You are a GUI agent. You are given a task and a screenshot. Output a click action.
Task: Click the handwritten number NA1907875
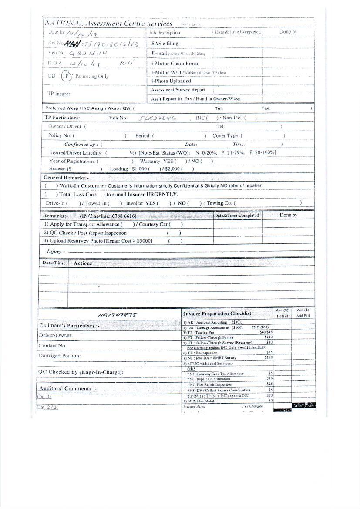(x=117, y=314)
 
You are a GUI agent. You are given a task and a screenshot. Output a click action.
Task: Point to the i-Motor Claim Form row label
(x=175, y=64)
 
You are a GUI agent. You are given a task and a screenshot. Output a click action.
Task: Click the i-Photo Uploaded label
(x=171, y=81)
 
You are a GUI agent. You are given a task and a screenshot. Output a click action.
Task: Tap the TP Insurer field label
(x=59, y=94)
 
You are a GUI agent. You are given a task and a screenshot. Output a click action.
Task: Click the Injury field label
(x=55, y=252)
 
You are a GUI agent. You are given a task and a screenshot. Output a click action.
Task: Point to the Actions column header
(x=83, y=263)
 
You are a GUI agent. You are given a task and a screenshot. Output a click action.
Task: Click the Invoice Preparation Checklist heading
(x=217, y=313)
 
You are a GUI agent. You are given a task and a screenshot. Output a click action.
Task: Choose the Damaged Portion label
(x=59, y=356)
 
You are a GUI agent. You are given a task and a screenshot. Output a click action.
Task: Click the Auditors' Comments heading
(x=67, y=388)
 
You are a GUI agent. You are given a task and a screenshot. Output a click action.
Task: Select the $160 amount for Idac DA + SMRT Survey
(x=268, y=357)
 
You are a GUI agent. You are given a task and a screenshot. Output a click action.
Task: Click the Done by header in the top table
(x=288, y=32)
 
